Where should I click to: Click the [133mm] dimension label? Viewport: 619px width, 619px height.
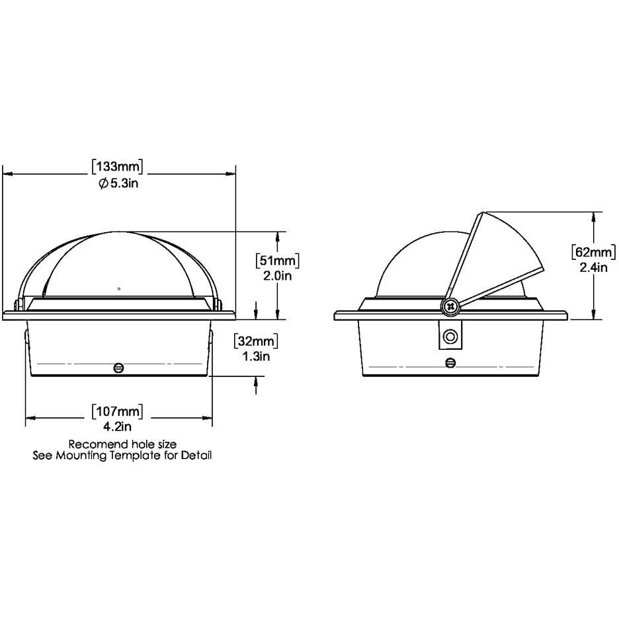coord(117,167)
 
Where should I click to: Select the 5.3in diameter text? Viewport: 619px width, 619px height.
coord(124,183)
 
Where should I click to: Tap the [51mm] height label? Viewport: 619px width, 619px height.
coord(278,261)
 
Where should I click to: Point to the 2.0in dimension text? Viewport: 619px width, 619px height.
coord(278,276)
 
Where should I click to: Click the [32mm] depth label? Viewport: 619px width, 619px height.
coord(256,341)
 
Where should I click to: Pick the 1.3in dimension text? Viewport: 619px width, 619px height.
coord(256,356)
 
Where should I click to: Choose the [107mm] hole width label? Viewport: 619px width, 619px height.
coord(117,412)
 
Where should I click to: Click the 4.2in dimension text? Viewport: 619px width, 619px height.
coord(117,427)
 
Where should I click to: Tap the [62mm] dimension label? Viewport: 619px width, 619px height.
coord(594,252)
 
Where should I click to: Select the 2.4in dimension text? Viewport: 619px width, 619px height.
coord(593,267)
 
